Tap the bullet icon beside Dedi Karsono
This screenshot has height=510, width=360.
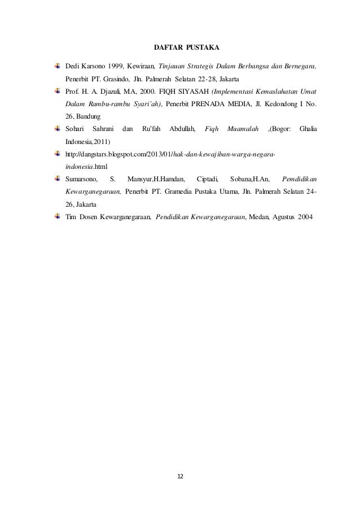58,66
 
